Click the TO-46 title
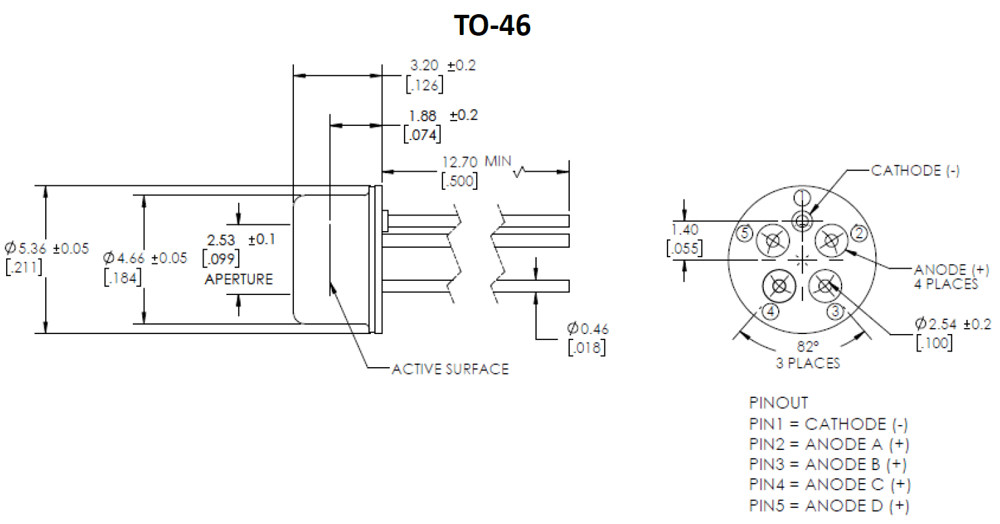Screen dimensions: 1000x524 coord(492,25)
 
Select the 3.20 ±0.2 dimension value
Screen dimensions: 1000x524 coord(443,65)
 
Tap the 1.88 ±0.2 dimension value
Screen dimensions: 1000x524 coord(443,115)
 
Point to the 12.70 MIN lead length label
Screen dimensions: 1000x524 coord(476,161)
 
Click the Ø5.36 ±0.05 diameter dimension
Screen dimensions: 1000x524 coord(47,248)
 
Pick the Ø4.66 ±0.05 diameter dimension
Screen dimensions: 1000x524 coord(145,258)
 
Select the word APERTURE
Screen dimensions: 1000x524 coord(239,279)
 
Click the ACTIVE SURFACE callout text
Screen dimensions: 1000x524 coord(450,369)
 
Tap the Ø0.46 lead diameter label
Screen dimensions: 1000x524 coord(588,329)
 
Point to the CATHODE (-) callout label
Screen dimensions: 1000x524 coord(915,170)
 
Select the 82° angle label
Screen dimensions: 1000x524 coord(808,346)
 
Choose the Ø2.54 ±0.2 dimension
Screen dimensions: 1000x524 coord(953,324)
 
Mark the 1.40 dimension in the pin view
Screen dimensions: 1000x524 coord(685,230)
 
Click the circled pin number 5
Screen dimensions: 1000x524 coord(744,233)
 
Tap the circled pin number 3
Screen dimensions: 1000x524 coord(835,311)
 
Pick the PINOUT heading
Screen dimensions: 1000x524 coord(779,403)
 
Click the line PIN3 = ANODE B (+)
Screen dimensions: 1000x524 coord(828,464)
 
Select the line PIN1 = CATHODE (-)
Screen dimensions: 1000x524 coord(829,424)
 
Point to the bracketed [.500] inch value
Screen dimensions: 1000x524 coord(459,181)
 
